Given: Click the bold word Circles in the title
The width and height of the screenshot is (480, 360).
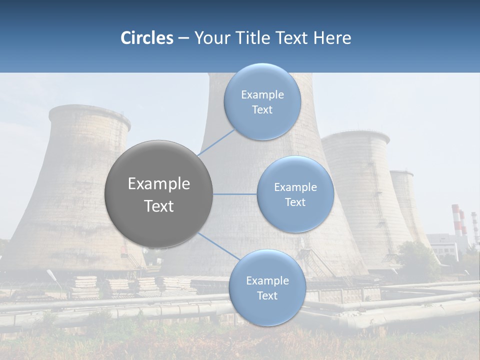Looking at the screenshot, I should (x=146, y=38).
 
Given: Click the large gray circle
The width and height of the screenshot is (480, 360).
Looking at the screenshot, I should (x=159, y=194).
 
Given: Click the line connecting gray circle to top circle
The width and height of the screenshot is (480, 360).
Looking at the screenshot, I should (x=216, y=142).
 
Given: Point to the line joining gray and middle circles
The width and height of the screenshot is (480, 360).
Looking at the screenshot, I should (x=234, y=194).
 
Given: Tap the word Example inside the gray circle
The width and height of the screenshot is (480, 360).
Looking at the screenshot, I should (x=159, y=184).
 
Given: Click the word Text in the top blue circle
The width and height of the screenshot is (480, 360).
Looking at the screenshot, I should (x=262, y=110).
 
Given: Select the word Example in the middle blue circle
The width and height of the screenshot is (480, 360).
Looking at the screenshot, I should (x=295, y=187).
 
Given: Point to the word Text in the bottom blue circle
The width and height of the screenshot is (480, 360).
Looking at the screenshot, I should (x=267, y=296).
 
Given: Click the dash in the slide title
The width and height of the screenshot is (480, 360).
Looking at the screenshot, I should (x=183, y=38).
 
